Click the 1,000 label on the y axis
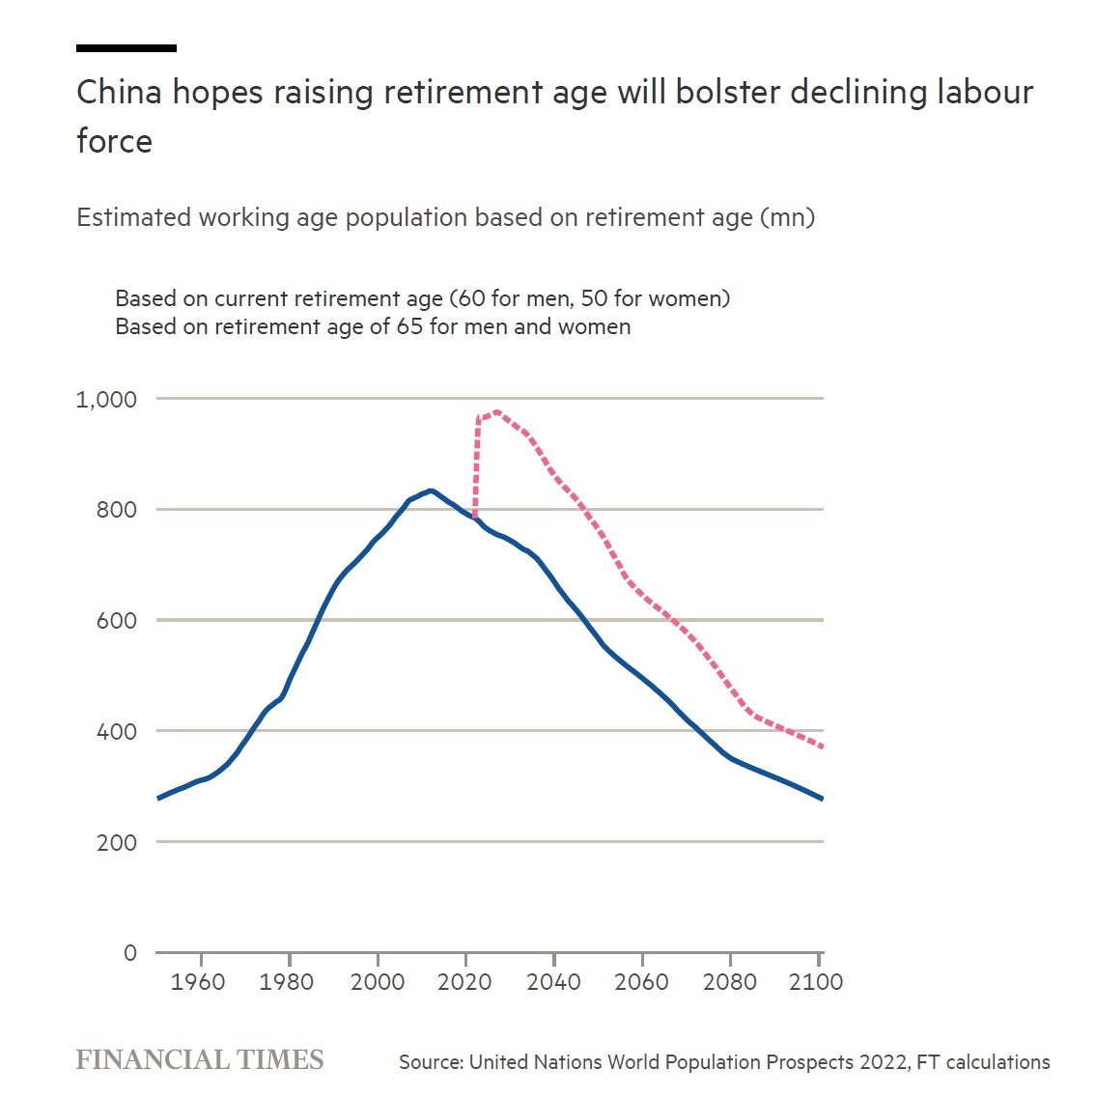(106, 400)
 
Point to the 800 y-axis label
(116, 510)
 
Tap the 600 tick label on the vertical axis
(116, 620)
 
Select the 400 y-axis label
(116, 732)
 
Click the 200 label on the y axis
(116, 842)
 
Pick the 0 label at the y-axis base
(129, 953)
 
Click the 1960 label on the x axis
(198, 982)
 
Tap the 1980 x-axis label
(286, 982)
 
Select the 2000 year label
(378, 982)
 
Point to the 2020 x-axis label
(464, 982)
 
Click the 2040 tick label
(553, 982)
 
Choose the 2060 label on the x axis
(641, 982)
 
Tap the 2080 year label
(730, 982)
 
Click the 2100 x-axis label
(816, 982)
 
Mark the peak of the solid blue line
(430, 491)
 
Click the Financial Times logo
(200, 1060)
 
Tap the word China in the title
(119, 93)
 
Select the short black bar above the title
(126, 48)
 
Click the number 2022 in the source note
(884, 1062)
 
